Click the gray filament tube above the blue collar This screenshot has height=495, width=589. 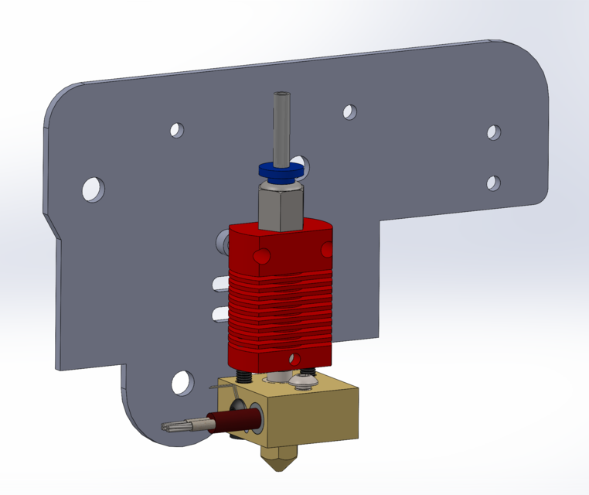[x=281, y=124]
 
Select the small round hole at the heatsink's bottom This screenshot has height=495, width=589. [x=294, y=360]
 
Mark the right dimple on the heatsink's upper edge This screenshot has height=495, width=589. [x=326, y=249]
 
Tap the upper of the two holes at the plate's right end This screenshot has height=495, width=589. [x=494, y=132]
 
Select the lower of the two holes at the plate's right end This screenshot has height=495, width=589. [x=493, y=183]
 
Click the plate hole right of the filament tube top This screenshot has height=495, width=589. [x=350, y=112]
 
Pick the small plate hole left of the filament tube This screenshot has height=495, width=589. [x=178, y=130]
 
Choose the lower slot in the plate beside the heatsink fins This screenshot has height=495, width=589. [x=220, y=312]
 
